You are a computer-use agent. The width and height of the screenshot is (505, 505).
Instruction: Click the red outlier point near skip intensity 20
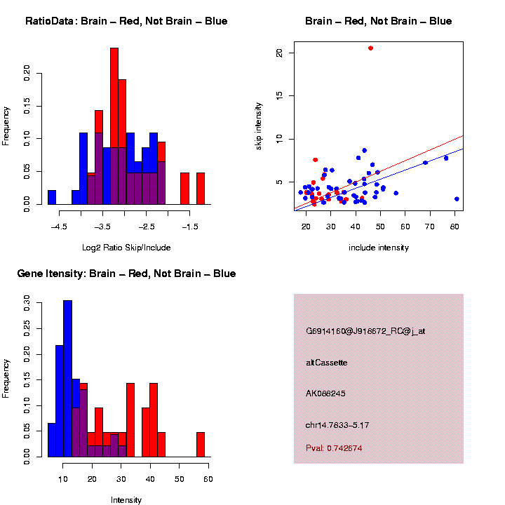(370, 48)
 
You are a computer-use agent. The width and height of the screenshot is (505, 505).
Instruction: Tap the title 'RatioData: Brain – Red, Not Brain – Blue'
(126, 21)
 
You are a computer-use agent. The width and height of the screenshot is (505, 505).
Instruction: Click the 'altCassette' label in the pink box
(327, 363)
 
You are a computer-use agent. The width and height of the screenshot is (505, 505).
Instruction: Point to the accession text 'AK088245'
(325, 393)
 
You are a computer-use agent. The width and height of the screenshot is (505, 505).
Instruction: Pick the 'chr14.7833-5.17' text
(337, 425)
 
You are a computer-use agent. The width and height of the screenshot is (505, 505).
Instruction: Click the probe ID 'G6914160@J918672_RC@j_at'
(365, 331)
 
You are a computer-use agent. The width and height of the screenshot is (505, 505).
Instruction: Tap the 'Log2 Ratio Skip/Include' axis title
(126, 247)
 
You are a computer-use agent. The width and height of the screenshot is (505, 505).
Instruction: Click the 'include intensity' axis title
(379, 248)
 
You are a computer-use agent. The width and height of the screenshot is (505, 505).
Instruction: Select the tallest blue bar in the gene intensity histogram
(67, 379)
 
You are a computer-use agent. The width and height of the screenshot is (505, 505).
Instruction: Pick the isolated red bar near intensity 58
(201, 445)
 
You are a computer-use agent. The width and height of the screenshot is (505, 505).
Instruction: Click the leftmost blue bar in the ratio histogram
(52, 197)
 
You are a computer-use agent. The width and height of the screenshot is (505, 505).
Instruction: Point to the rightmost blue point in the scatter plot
(457, 199)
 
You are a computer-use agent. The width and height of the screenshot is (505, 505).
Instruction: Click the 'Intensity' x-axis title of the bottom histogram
(126, 500)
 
